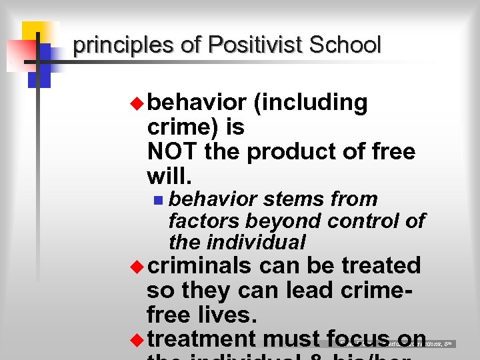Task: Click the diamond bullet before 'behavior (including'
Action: (137, 103)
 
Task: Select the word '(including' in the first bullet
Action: (310, 103)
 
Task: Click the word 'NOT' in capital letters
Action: (173, 151)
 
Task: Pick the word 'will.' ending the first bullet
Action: (169, 176)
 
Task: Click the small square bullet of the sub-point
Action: (157, 199)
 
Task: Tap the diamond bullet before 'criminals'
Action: (137, 267)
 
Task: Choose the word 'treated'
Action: (381, 265)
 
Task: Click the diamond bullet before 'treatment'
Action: (137, 340)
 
